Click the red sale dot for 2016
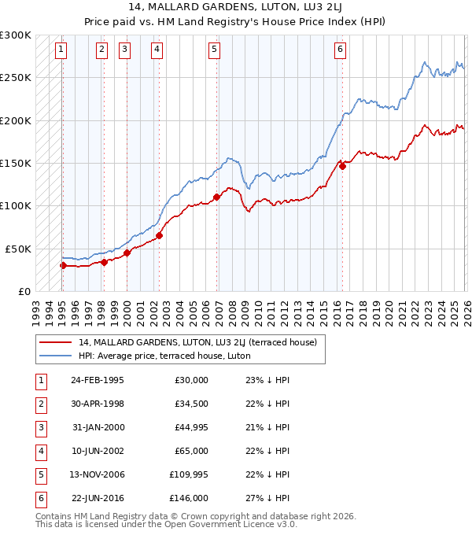pyautogui.click(x=342, y=166)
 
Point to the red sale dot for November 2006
pyautogui.click(x=216, y=197)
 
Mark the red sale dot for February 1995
pyautogui.click(x=63, y=265)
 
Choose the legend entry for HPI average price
pyautogui.click(x=164, y=356)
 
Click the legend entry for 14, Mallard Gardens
pyautogui.click(x=197, y=342)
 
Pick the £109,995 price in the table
pyautogui.click(x=189, y=474)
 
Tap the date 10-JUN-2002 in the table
pyautogui.click(x=98, y=451)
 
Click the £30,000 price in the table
pyautogui.click(x=191, y=380)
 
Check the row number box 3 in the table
pyautogui.click(x=39, y=427)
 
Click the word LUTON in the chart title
pyautogui.click(x=267, y=7)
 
